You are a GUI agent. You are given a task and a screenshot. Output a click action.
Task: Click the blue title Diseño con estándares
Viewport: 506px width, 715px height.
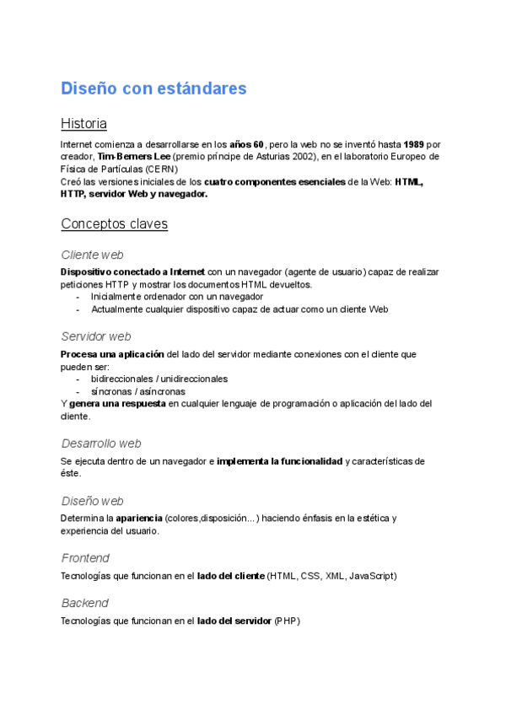pyautogui.click(x=153, y=89)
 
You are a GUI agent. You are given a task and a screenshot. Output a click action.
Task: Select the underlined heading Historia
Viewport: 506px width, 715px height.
pyautogui.click(x=83, y=124)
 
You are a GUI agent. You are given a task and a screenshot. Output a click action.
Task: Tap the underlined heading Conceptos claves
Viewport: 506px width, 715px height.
pyautogui.click(x=114, y=224)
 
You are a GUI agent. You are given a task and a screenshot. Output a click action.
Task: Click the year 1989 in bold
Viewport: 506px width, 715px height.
pyautogui.click(x=413, y=144)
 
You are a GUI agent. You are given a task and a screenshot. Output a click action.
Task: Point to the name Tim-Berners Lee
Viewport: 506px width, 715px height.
pyautogui.click(x=134, y=157)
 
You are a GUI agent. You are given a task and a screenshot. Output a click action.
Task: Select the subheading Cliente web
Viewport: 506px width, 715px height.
pyautogui.click(x=93, y=255)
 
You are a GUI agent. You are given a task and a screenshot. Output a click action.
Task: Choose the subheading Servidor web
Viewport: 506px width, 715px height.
pyautogui.click(x=96, y=336)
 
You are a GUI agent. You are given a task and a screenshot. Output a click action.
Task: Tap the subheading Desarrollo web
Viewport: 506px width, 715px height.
pyautogui.click(x=101, y=444)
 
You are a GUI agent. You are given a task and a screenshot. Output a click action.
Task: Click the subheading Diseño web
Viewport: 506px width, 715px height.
pyautogui.click(x=93, y=501)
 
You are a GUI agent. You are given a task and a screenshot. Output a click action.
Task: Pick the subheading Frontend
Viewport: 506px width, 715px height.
pyautogui.click(x=85, y=558)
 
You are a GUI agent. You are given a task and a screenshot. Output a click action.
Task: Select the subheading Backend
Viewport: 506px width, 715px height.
pyautogui.click(x=84, y=604)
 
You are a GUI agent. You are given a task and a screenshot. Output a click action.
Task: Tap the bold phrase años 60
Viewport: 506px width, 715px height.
pyautogui.click(x=247, y=144)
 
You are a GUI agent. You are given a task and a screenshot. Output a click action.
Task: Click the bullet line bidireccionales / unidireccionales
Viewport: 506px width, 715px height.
pyautogui.click(x=159, y=379)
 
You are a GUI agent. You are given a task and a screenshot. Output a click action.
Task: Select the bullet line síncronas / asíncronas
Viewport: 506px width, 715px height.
pyautogui.click(x=137, y=392)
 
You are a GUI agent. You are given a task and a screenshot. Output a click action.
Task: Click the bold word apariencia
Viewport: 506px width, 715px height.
pyautogui.click(x=139, y=518)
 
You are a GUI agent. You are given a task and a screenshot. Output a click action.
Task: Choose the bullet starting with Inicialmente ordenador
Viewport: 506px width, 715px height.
pyautogui.click(x=177, y=297)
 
